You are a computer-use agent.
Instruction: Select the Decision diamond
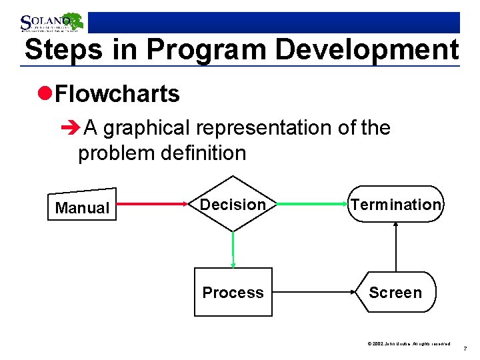pos(233,204)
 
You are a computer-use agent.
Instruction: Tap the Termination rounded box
pos(395,204)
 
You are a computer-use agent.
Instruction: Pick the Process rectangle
pos(233,292)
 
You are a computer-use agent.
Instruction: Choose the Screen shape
pos(395,292)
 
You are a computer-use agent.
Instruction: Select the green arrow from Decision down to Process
pos(233,249)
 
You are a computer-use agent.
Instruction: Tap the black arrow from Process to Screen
pos(313,291)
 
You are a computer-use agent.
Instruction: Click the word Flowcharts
pos(117,94)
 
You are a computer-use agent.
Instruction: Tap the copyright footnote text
pos(409,343)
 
